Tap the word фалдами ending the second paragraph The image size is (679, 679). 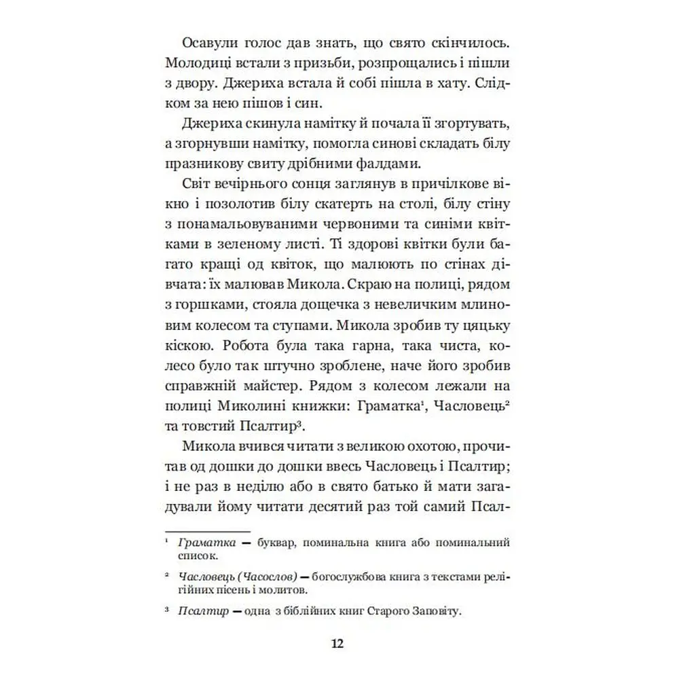[x=385, y=164]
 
